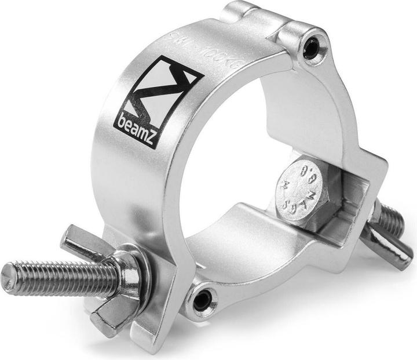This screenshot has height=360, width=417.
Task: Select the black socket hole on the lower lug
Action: [x=202, y=300]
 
